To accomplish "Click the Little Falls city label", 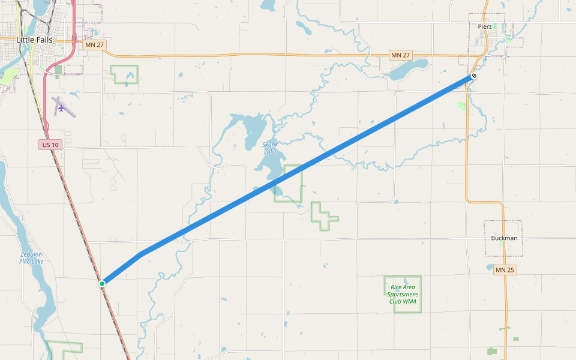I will point(34,40).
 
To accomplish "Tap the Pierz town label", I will point(485,27).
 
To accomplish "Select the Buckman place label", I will point(504,238).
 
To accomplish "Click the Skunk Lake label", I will point(270,148).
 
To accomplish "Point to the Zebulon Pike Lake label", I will point(31,257).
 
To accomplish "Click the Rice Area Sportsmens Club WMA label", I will point(402,294).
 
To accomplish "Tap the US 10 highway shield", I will point(50,145).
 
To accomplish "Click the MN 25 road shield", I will point(505,270).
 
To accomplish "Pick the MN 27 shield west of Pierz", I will point(400,55).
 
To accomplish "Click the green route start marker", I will point(103,283).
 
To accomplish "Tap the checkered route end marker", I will point(474,76).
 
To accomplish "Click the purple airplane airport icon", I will point(61,108).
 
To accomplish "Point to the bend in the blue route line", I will point(142,253).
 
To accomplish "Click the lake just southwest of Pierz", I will point(408,70).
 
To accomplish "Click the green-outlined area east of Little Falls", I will point(124,74).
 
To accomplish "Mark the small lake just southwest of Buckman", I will point(490,268).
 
